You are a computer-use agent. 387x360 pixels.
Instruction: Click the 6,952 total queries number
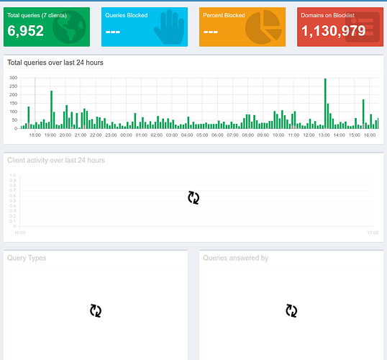pyautogui.click(x=26, y=30)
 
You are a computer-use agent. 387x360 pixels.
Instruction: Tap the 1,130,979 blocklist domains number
pyautogui.click(x=333, y=30)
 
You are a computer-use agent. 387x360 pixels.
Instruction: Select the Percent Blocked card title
pyautogui.click(x=224, y=15)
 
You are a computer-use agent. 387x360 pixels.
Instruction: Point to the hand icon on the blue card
pyautogui.click(x=168, y=27)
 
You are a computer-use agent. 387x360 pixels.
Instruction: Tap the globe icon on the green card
pyautogui.click(x=69, y=27)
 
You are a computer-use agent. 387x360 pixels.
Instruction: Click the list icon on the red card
pyautogui.click(x=362, y=27)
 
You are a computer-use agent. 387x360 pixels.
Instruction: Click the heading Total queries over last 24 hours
pyautogui.click(x=55, y=63)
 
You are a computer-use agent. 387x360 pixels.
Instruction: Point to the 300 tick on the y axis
pyautogui.click(x=13, y=78)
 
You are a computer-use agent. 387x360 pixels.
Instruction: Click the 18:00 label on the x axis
pyautogui.click(x=35, y=135)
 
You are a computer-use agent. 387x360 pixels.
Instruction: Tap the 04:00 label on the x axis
pyautogui.click(x=187, y=135)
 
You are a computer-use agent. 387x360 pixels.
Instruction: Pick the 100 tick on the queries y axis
pyautogui.click(x=13, y=112)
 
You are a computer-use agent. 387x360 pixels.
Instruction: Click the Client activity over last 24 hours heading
pyautogui.click(x=56, y=160)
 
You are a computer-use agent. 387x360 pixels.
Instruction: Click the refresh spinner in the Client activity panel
pyautogui.click(x=193, y=197)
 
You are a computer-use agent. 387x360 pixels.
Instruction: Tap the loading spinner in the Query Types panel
pyautogui.click(x=96, y=310)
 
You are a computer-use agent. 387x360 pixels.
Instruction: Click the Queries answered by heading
pyautogui.click(x=236, y=258)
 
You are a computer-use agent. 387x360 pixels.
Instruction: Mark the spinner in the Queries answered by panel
pyautogui.click(x=291, y=310)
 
